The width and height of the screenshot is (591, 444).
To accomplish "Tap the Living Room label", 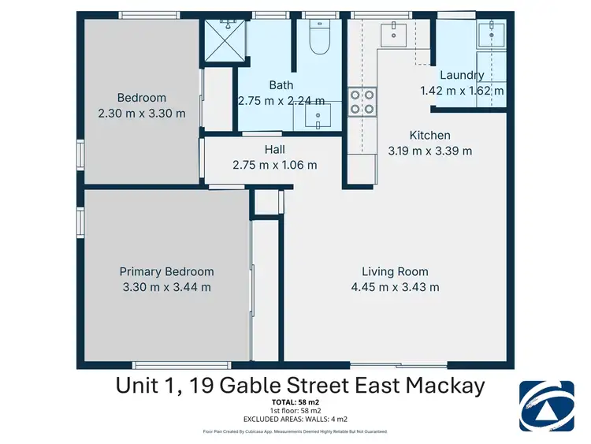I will pos(395,271).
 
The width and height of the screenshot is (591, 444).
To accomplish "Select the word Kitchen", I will pos(429,136).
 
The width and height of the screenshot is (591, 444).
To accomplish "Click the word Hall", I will pos(274,150).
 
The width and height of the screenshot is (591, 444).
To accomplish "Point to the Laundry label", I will pos(462,75).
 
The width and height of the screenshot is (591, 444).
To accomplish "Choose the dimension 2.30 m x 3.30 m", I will pos(142,113).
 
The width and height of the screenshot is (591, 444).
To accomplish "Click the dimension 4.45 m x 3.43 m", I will pos(395,287).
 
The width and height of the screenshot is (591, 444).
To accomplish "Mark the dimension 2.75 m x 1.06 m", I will pos(274,165).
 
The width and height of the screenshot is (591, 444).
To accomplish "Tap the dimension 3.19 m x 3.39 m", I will pos(429,151).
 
